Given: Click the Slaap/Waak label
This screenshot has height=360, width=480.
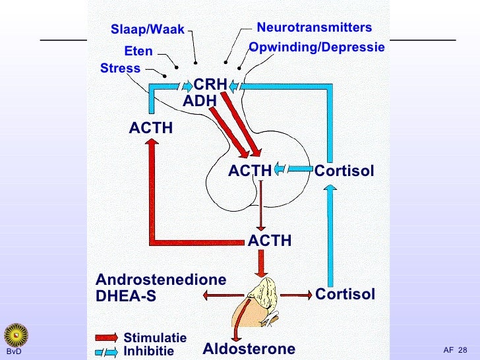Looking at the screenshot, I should (x=148, y=30).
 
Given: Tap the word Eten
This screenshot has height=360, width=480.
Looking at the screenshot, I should (x=138, y=51).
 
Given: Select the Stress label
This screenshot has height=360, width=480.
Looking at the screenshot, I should (x=120, y=69).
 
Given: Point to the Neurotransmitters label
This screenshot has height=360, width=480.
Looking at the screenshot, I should (x=314, y=28).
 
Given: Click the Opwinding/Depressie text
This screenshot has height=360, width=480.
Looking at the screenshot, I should (x=316, y=48).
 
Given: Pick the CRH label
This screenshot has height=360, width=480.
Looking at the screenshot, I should (x=210, y=85).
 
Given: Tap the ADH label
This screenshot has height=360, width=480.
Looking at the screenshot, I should (x=199, y=102).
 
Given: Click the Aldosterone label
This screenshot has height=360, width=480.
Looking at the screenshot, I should (x=249, y=349).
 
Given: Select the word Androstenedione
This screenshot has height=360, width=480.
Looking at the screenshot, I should (x=161, y=280).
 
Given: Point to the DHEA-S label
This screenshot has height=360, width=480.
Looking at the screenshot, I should (x=126, y=297).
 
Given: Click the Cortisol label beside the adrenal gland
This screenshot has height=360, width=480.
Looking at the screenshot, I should (x=345, y=294).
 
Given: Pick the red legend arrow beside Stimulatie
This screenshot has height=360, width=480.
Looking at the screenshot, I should (x=105, y=338).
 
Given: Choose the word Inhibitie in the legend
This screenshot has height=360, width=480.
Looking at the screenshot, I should (x=148, y=351).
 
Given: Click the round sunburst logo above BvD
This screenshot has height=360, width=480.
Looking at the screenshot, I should (x=14, y=334).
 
